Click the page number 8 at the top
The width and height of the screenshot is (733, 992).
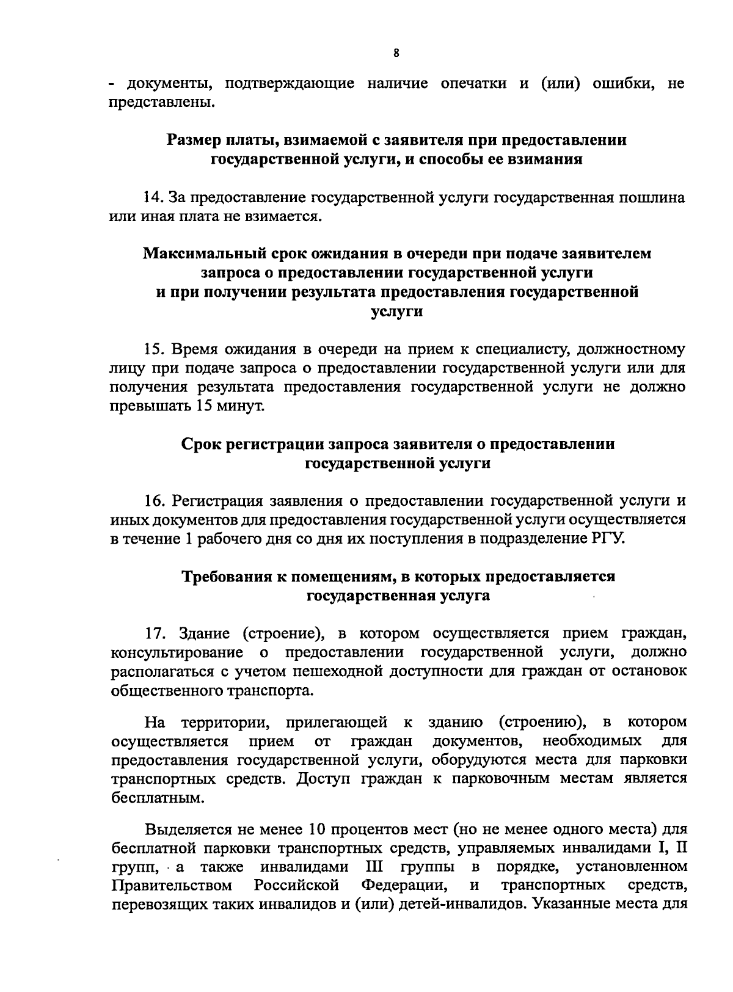coord(396,53)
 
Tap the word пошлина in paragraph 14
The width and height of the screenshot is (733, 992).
coord(652,198)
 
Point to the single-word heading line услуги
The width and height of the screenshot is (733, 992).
coord(397,312)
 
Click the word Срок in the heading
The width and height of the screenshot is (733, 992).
coord(202,444)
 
